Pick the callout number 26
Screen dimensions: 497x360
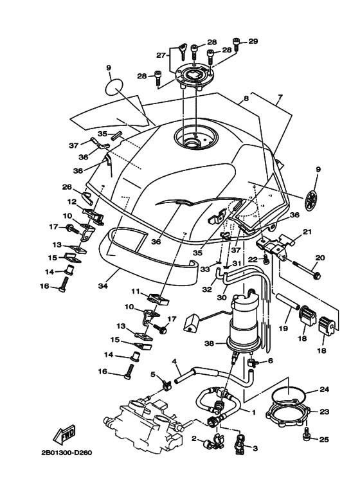[67, 188]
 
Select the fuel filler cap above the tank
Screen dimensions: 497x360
[193, 77]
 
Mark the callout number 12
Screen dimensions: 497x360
[72, 202]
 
